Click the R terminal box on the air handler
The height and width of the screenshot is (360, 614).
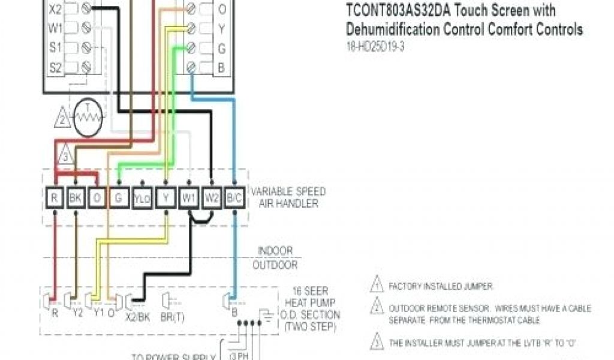coord(55,197)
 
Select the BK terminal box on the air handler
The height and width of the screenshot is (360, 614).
coord(76,197)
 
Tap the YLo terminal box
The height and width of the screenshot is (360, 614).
coord(142,197)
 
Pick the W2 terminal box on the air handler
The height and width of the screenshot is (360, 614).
coord(212,197)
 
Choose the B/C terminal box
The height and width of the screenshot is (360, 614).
coord(234,197)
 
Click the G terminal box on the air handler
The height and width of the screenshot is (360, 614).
coord(119,197)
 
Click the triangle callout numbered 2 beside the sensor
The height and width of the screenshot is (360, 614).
coord(62,118)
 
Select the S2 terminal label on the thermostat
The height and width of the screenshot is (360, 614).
coord(55,67)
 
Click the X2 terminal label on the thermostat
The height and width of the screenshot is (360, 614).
coord(55,10)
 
